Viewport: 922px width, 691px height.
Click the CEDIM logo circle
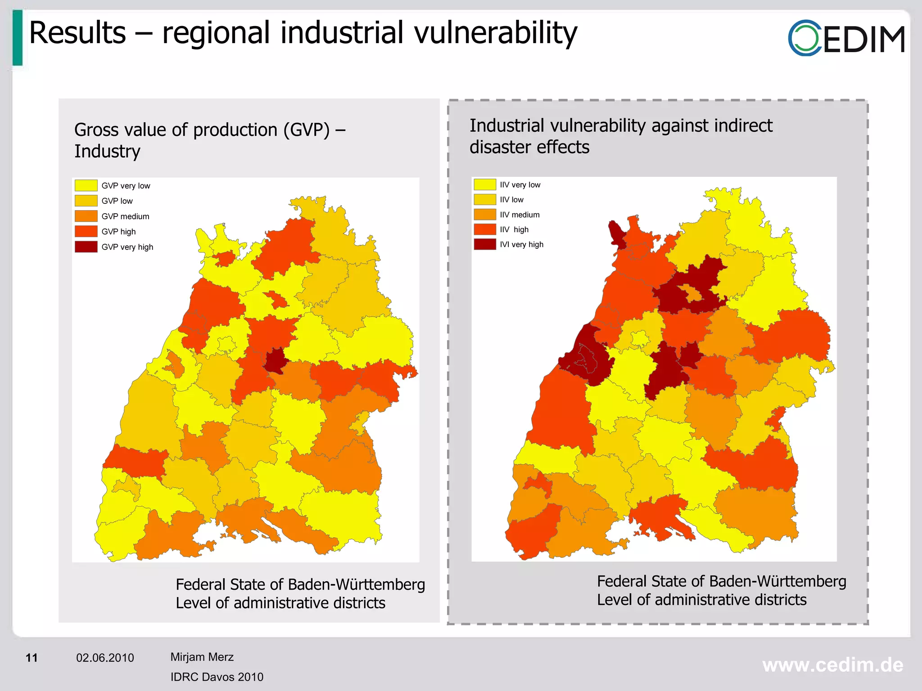click(805, 38)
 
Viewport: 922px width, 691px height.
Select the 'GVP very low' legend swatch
click(86, 185)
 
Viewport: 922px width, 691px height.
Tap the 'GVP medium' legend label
click(125, 216)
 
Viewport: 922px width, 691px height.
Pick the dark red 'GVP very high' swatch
click(86, 247)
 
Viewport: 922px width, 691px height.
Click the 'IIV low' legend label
click(511, 200)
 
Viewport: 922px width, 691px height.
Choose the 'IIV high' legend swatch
click(484, 229)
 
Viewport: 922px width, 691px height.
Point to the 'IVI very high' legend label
click(521, 244)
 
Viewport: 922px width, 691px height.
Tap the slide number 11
click(32, 658)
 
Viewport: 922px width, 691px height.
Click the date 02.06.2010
click(105, 658)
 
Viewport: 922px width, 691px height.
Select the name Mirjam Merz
click(202, 657)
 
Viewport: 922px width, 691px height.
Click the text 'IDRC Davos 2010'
click(217, 677)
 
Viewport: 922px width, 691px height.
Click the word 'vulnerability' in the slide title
click(495, 33)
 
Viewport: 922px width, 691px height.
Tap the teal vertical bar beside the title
click(18, 38)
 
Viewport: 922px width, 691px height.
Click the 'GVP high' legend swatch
click(86, 231)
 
